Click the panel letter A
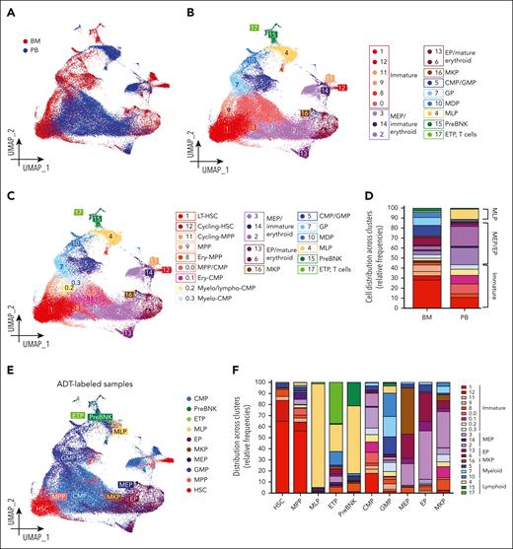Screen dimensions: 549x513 point(9,9)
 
